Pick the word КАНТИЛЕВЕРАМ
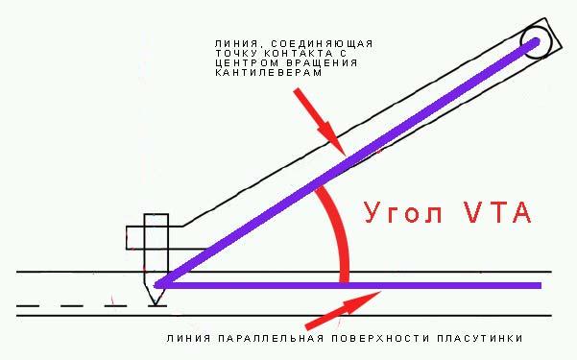269,72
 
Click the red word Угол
403,213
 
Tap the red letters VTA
497,212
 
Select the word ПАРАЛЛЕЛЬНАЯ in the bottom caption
271,338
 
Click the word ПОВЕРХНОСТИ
380,338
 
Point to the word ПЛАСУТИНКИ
480,338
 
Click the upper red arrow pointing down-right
320,122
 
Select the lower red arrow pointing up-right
343,310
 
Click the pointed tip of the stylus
156,305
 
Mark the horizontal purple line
349,286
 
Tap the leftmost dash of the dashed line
28,306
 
